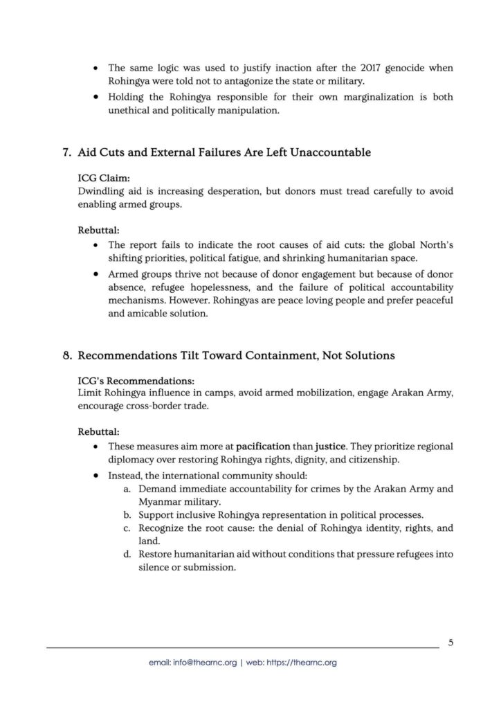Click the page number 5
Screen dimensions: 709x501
[x=450, y=642]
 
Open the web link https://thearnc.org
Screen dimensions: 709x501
[x=300, y=663]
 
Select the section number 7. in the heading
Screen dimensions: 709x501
[x=67, y=152]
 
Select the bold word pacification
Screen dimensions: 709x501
[x=266, y=447]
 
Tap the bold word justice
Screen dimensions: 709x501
[x=331, y=447]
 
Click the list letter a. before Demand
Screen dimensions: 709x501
[x=128, y=489]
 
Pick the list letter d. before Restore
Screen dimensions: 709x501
[x=128, y=554]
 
